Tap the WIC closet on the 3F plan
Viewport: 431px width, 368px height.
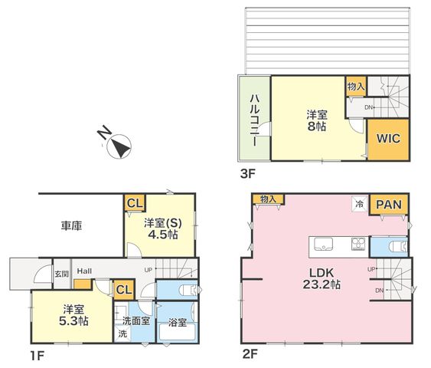tap(388, 139)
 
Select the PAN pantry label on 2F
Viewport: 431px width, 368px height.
tap(389, 205)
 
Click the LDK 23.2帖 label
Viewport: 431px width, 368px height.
tap(322, 278)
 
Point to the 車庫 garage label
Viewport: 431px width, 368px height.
tap(71, 225)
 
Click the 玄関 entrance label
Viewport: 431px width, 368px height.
tap(61, 274)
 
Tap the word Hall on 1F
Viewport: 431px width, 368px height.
tap(84, 271)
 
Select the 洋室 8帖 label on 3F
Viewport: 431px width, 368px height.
tap(317, 120)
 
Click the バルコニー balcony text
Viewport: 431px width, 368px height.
tap(254, 120)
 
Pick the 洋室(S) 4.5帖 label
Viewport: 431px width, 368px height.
tap(163, 228)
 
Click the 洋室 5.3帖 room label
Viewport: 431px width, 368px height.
tap(73, 315)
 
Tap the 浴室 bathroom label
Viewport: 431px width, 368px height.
tap(178, 322)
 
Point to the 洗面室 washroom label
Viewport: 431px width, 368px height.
tap(136, 320)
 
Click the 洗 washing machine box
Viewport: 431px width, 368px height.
tap(122, 333)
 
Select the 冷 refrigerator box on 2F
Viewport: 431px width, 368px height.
tap(360, 204)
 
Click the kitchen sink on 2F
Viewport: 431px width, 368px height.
tap(323, 244)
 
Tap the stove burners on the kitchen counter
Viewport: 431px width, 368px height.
tap(358, 244)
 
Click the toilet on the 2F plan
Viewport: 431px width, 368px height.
tap(398, 247)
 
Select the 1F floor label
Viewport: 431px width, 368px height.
tap(37, 356)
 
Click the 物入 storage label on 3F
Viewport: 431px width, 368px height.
tap(356, 87)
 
